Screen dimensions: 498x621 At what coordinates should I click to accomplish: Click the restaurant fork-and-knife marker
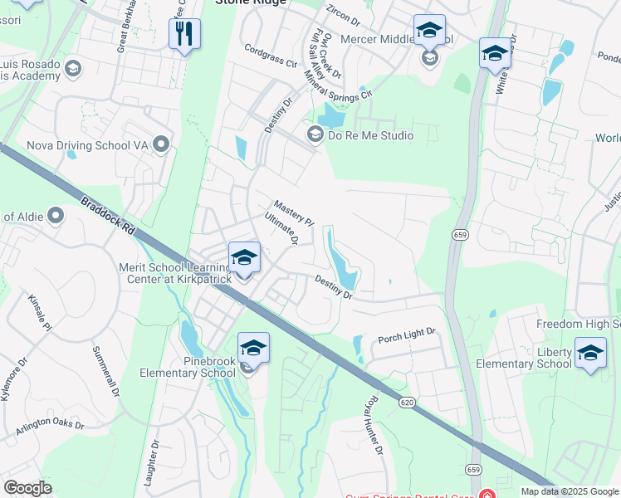(183, 34)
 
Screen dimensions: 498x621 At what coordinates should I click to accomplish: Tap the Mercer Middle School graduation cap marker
(429, 32)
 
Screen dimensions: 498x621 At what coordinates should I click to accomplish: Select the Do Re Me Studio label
(370, 134)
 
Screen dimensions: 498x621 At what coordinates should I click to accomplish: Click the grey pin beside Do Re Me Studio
(315, 134)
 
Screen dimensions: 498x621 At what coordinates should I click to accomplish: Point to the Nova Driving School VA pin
(163, 145)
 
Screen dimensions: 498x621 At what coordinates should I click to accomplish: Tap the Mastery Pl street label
(294, 212)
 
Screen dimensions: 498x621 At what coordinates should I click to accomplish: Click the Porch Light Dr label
(407, 334)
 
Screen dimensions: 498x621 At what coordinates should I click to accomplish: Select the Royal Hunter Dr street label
(371, 424)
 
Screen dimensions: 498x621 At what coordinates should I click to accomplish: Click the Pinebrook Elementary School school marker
(253, 349)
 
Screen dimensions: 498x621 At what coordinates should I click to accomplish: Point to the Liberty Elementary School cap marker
(590, 353)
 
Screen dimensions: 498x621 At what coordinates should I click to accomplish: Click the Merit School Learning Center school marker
(244, 257)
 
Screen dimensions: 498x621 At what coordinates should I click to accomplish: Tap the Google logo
(28, 488)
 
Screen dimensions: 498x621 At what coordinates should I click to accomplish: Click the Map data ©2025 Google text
(569, 491)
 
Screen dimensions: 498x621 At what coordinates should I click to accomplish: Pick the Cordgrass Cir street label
(271, 56)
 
